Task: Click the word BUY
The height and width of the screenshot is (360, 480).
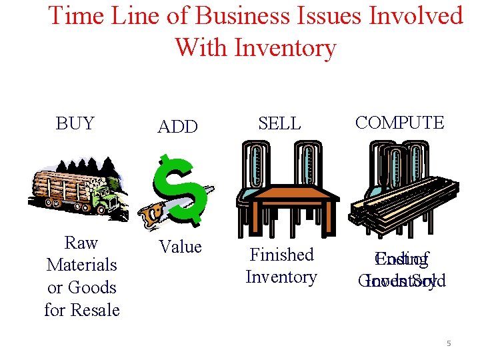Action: tap(75, 123)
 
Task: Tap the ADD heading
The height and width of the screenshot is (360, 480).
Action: tap(177, 126)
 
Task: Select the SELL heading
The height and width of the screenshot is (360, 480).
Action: tap(279, 123)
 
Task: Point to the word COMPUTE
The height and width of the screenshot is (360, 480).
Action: tap(399, 122)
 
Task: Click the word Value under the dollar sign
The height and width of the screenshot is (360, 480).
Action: tap(180, 247)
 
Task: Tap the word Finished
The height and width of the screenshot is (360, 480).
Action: tap(281, 255)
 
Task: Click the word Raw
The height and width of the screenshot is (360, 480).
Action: tap(81, 243)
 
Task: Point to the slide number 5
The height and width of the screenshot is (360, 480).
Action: tap(449, 343)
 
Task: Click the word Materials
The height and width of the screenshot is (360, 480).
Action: tap(81, 265)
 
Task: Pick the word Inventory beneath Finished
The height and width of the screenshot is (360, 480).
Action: tap(281, 277)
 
